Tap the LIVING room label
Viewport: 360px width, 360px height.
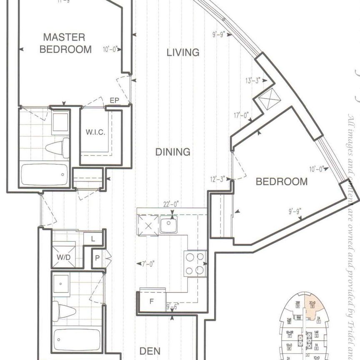click(x=183, y=52)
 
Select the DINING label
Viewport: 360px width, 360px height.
click(x=173, y=152)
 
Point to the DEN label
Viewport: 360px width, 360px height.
click(x=150, y=351)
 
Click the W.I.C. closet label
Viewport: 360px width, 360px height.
click(x=95, y=133)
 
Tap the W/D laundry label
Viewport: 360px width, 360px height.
click(x=64, y=257)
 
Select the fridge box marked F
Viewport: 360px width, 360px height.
click(x=152, y=299)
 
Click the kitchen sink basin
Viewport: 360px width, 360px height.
click(x=168, y=225)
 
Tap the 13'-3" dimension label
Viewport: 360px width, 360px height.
click(x=252, y=81)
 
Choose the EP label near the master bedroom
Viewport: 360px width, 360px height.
click(x=115, y=100)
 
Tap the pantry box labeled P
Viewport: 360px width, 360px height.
click(x=97, y=258)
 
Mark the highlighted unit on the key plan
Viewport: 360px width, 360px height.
click(x=312, y=307)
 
